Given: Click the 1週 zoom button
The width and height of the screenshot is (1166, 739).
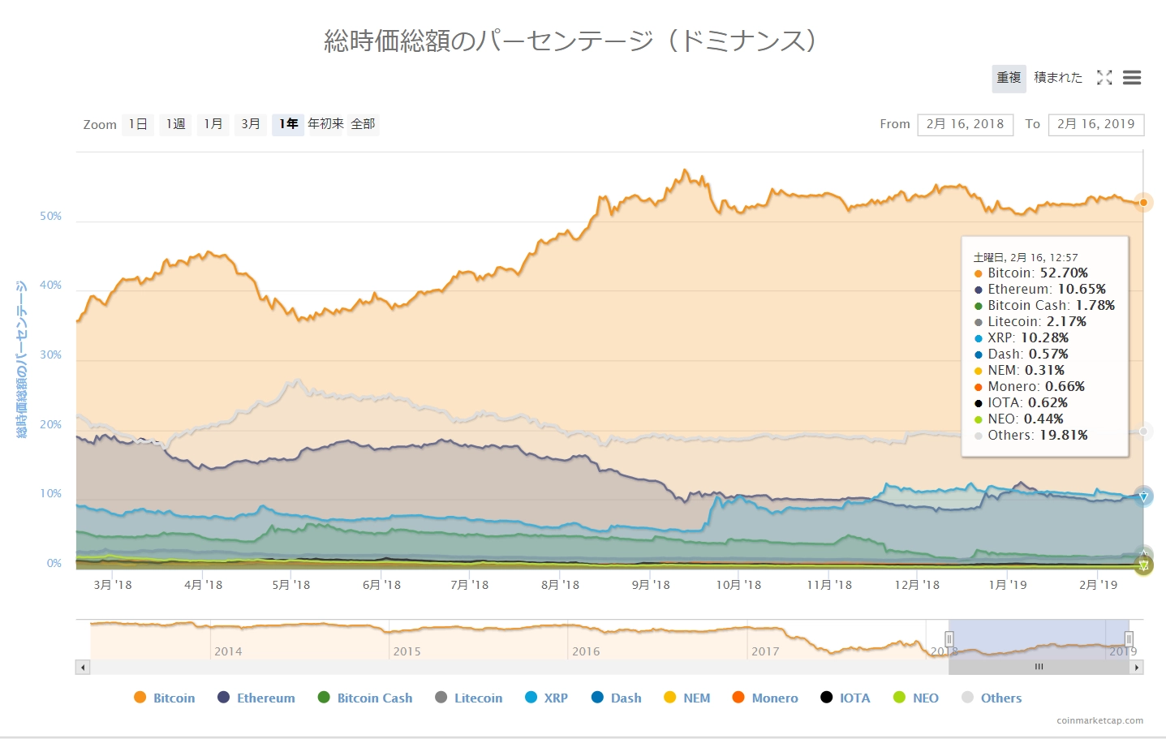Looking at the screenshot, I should click(x=175, y=124).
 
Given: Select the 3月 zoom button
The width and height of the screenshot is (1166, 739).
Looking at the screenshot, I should click(x=251, y=124).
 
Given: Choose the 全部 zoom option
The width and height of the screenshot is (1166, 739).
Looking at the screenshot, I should click(x=363, y=124).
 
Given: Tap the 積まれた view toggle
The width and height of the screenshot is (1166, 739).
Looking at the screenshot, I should click(x=1058, y=78).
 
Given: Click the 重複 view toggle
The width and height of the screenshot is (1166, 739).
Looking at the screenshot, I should click(x=1009, y=78).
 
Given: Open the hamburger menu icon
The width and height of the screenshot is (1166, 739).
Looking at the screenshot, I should click(x=1132, y=78).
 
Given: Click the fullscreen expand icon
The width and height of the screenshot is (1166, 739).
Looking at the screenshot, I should click(x=1104, y=78).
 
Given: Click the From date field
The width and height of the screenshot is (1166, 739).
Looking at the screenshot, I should click(x=965, y=124).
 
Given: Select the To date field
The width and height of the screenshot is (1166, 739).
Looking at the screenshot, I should click(x=1095, y=124).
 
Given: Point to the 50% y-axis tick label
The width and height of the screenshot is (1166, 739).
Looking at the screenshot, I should click(x=51, y=217).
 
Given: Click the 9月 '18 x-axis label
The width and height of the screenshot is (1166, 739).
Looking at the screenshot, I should click(x=651, y=585).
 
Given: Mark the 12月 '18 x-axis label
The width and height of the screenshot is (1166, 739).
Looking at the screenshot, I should click(x=917, y=585).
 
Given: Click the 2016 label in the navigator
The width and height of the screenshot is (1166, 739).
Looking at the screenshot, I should click(x=586, y=651).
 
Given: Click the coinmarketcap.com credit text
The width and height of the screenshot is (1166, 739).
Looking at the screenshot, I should click(x=1099, y=720).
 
